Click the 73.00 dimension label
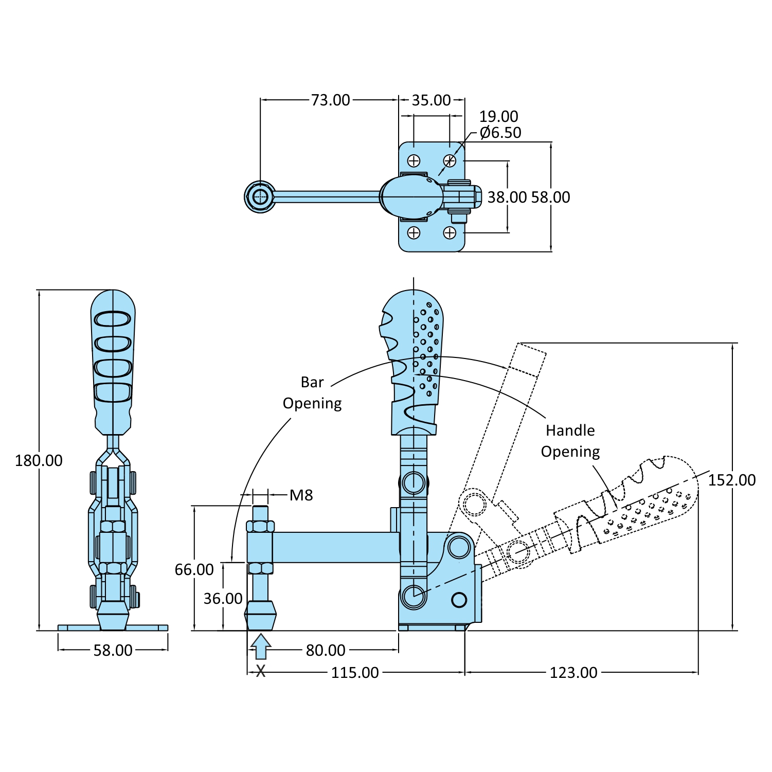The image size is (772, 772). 330,100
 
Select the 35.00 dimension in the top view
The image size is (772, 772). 431,100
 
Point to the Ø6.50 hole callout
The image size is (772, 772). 500,133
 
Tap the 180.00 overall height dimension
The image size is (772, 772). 39,460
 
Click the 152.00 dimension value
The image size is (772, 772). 731,480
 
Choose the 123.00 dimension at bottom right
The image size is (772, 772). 573,672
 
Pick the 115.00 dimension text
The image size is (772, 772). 355,672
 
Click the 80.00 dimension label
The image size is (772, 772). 326,650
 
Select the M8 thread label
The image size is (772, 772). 301,495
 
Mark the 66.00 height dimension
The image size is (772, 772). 194,569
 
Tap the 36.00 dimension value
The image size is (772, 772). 223,599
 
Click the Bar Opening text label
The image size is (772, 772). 312,392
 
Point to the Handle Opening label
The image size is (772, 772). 570,441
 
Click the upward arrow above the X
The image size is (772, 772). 261,646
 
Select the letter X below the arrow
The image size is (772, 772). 261,671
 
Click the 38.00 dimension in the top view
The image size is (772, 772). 507,197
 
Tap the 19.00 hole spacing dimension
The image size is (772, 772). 498,116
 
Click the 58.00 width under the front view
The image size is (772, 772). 113,650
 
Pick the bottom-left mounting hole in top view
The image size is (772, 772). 414,233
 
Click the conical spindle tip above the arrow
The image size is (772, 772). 260,616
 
